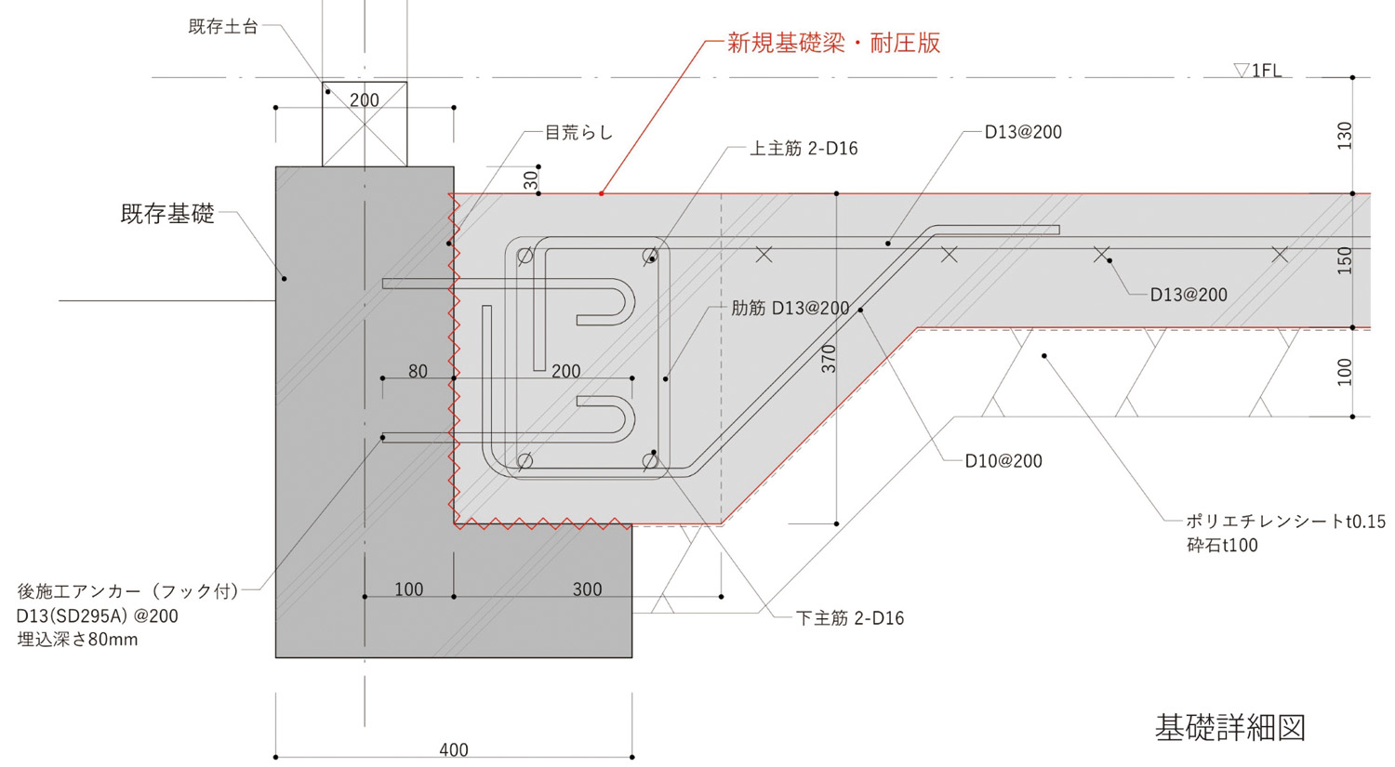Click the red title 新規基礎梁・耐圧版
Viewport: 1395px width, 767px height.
[x=833, y=43]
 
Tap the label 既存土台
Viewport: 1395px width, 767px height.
[x=223, y=27]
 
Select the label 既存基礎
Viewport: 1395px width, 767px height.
[x=167, y=214]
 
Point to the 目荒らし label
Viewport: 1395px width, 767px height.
[x=578, y=133]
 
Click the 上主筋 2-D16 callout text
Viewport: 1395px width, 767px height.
[x=804, y=149]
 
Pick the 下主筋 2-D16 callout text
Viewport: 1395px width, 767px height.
[x=850, y=618]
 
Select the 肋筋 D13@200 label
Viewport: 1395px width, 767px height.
[x=790, y=309]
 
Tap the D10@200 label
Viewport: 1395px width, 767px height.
[x=1003, y=461]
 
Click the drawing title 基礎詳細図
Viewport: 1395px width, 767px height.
[x=1229, y=727]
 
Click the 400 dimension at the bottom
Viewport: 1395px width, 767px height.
[x=454, y=749]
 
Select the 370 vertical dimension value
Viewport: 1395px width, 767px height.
[x=829, y=359]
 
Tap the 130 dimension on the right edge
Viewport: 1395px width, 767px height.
[x=1345, y=136]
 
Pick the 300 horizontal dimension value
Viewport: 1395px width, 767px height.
[x=587, y=589]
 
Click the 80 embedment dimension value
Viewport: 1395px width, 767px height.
[x=418, y=372]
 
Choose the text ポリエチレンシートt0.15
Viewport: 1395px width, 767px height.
[x=1285, y=522]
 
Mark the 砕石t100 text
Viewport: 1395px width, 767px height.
[x=1222, y=546]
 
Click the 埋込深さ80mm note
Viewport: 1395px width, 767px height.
[x=77, y=640]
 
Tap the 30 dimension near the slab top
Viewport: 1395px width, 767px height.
[x=531, y=180]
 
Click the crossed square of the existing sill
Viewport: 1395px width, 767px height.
[x=365, y=125]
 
